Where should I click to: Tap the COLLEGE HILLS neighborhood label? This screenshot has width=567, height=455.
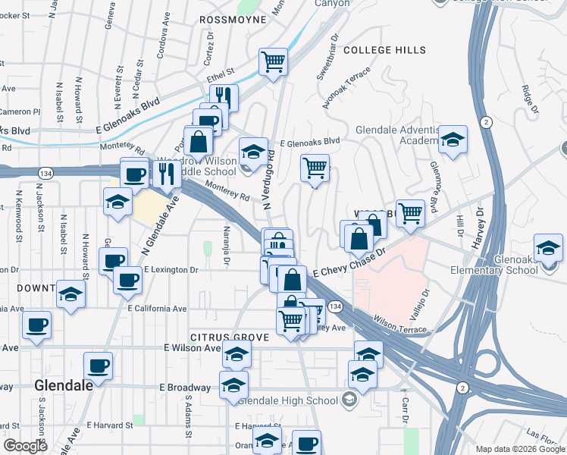click(384, 50)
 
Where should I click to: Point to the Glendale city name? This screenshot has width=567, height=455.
click(64, 385)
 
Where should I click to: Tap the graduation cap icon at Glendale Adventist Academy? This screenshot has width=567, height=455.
click(453, 140)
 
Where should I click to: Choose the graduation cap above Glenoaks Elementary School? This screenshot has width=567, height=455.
click(548, 247)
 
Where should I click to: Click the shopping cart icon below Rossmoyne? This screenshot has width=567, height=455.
click(273, 61)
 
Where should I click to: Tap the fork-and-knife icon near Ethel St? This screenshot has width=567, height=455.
click(224, 96)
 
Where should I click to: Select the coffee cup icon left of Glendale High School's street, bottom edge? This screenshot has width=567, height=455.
click(306, 443)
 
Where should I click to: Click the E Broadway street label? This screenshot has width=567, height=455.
click(185, 387)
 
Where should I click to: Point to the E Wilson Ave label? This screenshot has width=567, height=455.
click(191, 348)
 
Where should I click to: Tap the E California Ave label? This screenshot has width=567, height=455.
click(157, 309)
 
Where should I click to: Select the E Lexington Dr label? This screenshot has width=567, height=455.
click(171, 269)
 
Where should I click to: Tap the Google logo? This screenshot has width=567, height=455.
click(26, 446)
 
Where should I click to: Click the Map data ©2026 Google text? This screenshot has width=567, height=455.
click(519, 449)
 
